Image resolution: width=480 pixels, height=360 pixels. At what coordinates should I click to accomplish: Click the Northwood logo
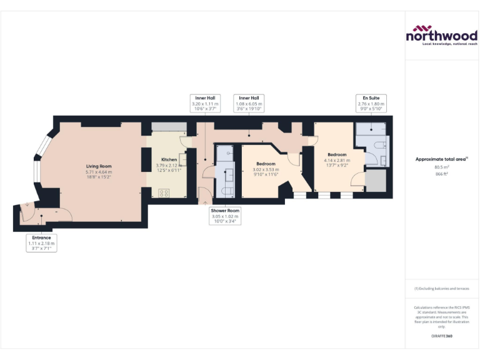[442, 36]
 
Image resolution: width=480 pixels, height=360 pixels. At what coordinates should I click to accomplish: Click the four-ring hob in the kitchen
[165, 192]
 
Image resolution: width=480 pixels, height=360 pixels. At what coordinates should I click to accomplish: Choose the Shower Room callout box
[225, 215]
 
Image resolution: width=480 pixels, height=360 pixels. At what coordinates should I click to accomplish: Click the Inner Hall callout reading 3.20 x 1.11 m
[205, 102]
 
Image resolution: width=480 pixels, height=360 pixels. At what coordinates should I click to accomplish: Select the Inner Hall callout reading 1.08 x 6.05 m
[249, 102]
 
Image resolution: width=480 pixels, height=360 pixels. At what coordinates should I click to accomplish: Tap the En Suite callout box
[370, 102]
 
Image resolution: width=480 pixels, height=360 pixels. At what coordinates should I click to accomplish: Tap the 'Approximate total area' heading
[441, 159]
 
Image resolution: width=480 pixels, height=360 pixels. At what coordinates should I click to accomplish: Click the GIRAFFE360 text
[442, 336]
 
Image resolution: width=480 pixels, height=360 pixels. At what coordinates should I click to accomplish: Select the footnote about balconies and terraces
[442, 289]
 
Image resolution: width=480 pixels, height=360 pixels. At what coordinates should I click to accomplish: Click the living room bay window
[39, 164]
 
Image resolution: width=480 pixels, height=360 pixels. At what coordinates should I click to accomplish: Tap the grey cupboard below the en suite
[376, 180]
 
